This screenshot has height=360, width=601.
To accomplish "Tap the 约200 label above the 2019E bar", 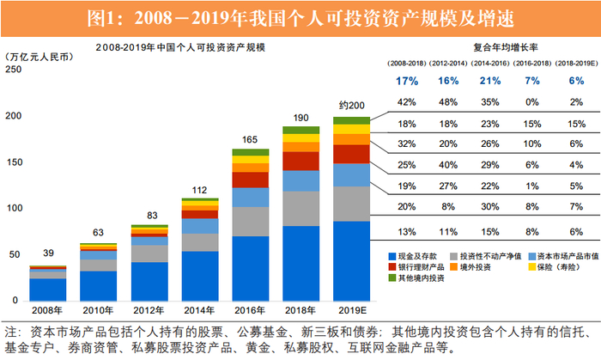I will point(351,105).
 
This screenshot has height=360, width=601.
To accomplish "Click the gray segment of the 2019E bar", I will point(351,204).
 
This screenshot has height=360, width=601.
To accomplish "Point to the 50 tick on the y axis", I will point(15,255).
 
